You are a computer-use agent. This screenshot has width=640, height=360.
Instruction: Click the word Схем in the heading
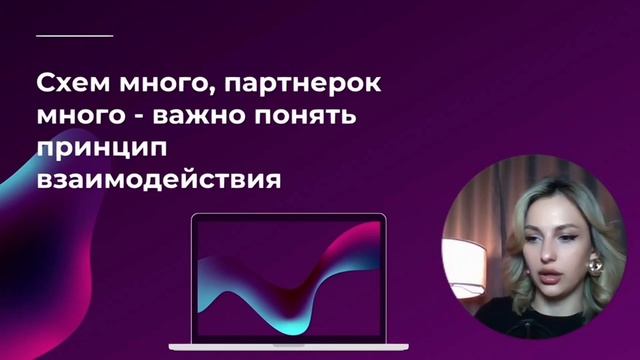[67, 80]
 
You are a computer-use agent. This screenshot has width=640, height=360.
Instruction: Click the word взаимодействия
[153, 183]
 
